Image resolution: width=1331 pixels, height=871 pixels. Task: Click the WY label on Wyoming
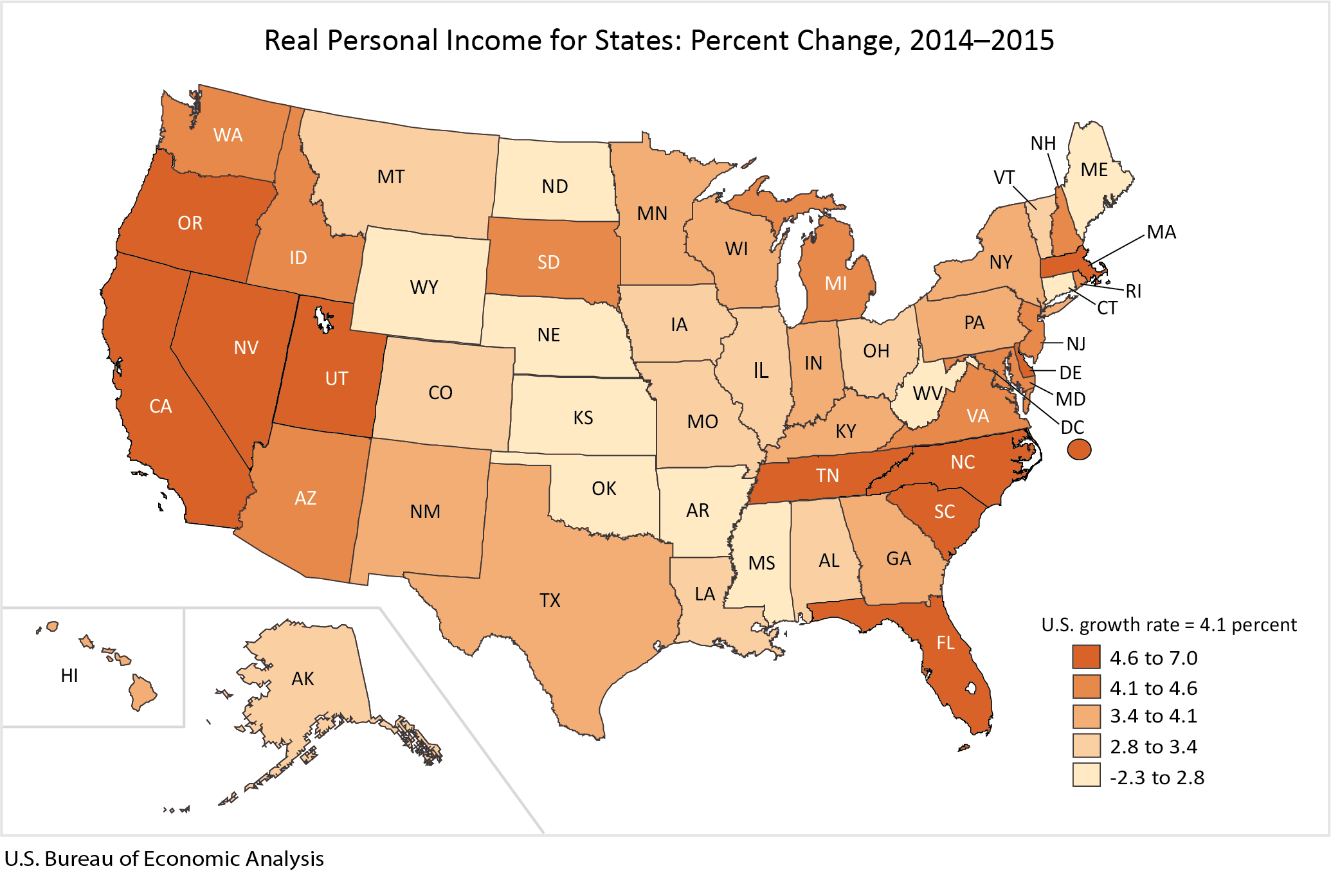click(x=424, y=287)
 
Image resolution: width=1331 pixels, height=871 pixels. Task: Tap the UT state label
click(x=336, y=379)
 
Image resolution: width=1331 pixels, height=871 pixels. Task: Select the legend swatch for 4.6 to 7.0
click(x=1086, y=657)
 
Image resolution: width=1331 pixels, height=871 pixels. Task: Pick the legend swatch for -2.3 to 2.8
click(x=1086, y=776)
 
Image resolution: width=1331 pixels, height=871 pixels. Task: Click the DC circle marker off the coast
click(x=1079, y=449)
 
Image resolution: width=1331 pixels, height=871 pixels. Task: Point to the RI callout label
click(x=1134, y=291)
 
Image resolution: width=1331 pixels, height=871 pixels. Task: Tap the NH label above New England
click(x=1043, y=143)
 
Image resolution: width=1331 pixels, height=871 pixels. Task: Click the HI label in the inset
click(x=69, y=676)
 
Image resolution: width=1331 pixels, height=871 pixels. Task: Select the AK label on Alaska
click(x=303, y=679)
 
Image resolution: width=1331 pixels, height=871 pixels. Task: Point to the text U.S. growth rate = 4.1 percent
click(x=1168, y=625)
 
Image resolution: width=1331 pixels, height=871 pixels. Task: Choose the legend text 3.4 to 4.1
click(x=1154, y=716)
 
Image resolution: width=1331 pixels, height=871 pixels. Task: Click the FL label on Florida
click(x=945, y=643)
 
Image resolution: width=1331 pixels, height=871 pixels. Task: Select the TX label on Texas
click(x=550, y=600)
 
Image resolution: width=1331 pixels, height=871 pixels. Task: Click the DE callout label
click(x=1071, y=373)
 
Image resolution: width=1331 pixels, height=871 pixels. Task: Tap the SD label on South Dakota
click(x=548, y=262)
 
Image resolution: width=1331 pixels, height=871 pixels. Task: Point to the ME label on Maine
click(x=1094, y=170)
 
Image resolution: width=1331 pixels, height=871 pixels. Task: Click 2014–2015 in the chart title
click(x=982, y=40)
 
